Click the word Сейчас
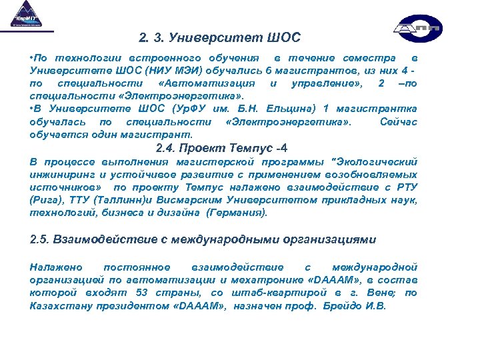pyautogui.click(x=398, y=122)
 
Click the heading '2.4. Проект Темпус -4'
pyautogui.click(x=221, y=148)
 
